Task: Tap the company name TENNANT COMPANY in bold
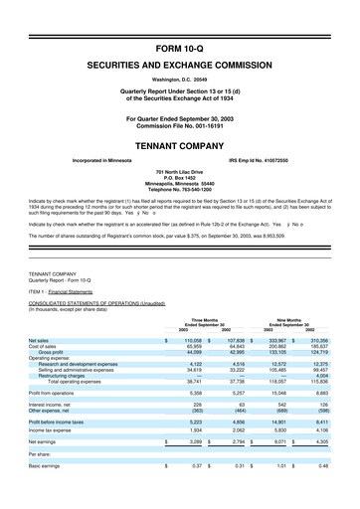click(179, 142)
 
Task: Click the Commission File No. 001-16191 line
click(179, 125)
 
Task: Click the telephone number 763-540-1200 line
click(179, 191)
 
